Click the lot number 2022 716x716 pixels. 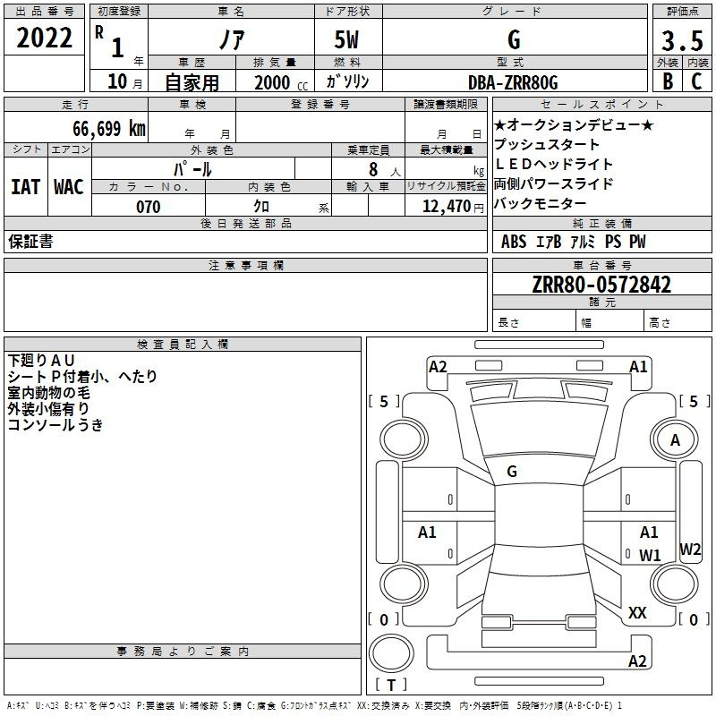(44, 38)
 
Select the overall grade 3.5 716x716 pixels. (682, 40)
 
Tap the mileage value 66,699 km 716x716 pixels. (109, 128)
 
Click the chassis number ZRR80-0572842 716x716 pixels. (601, 285)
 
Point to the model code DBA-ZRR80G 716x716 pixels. (513, 82)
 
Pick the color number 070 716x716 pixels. (148, 207)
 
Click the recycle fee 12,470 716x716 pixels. (446, 207)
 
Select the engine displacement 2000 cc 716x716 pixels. (281, 82)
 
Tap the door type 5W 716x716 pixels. (346, 39)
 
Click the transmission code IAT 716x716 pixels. (25, 187)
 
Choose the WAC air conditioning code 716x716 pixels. (69, 187)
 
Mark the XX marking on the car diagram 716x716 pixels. (637, 613)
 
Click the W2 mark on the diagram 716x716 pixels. (689, 549)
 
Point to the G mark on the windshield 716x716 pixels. (512, 472)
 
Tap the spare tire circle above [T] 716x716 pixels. (391, 653)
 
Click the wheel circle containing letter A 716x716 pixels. (675, 440)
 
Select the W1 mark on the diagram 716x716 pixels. (650, 555)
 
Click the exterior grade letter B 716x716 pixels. (668, 81)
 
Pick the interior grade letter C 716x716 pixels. (696, 81)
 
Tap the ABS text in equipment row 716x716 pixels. (514, 242)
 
